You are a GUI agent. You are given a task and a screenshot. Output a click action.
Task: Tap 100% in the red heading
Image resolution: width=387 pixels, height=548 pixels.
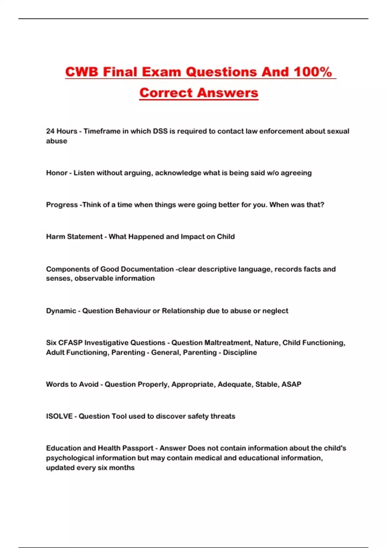[313, 72]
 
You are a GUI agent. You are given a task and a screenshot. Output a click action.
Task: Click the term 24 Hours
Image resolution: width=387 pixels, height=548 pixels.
[62, 131]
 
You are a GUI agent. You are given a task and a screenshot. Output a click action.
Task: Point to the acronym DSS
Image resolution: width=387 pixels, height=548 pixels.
[160, 131]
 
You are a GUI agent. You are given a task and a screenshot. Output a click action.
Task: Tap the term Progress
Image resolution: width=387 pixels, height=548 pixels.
[62, 205]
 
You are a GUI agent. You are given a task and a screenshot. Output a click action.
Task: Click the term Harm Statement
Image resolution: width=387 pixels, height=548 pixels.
[74, 237]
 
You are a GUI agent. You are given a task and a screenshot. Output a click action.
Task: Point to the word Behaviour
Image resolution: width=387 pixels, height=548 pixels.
[133, 311]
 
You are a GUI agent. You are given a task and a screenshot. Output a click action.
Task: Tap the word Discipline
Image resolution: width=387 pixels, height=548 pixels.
[240, 352]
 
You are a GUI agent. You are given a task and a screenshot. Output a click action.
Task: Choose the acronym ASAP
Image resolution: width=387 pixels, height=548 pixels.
[291, 384]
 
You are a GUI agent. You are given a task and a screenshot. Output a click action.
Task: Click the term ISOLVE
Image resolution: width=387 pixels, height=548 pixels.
[59, 416]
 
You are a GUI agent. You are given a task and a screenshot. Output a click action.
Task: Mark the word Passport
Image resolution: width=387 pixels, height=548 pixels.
[138, 448]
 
